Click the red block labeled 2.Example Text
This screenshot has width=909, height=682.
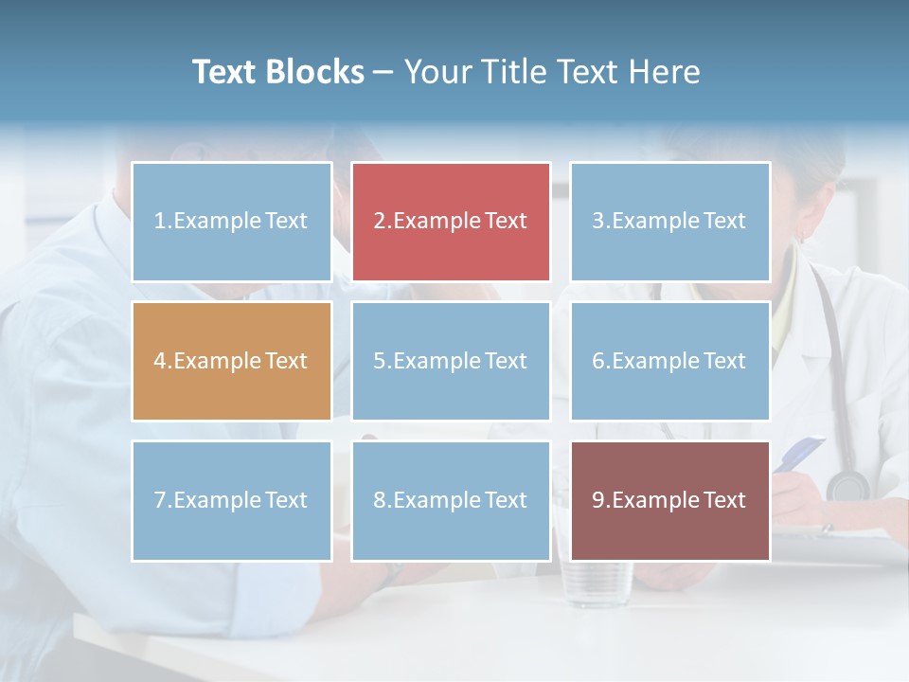tap(451, 222)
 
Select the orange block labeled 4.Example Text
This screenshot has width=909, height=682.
tap(232, 361)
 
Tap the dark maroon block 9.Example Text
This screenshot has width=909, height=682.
tap(669, 500)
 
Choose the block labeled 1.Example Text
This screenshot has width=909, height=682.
tap(232, 222)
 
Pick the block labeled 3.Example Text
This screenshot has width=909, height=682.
tap(669, 222)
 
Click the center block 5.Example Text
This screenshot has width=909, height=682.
tap(451, 361)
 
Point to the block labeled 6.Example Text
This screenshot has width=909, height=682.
tap(669, 361)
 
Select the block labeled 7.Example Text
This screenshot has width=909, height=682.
tap(232, 500)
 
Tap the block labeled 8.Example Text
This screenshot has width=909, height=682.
tap(451, 500)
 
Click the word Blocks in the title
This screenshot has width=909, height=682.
tap(316, 72)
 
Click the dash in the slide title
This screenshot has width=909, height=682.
tap(384, 72)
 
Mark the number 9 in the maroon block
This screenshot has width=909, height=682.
tap(598, 500)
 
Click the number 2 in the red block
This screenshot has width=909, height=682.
tap(380, 222)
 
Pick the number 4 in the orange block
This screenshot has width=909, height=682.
tap(160, 361)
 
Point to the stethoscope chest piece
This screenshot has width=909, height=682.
tap(847, 485)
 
